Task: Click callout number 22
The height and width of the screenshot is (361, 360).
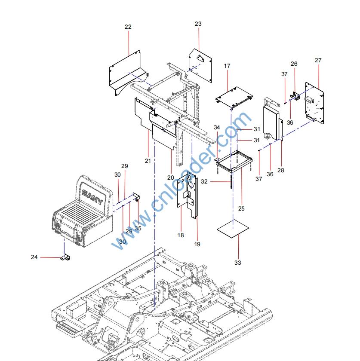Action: point(128,27)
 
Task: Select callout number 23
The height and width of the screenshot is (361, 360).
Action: point(198,24)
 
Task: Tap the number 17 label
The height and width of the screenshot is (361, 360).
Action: point(227,66)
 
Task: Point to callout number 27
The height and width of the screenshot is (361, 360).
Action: point(318,61)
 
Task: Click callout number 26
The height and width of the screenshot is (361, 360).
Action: point(294,64)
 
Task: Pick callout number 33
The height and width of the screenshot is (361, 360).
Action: point(238,263)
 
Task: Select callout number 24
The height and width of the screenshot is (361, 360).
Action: point(34,257)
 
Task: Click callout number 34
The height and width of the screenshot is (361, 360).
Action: point(217,128)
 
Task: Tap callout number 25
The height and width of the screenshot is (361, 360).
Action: point(241,209)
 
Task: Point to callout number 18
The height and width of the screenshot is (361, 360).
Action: point(181,235)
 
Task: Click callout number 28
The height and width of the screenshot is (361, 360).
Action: point(281,171)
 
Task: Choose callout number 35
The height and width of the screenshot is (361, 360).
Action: point(138,229)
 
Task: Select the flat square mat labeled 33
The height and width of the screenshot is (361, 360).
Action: point(233,230)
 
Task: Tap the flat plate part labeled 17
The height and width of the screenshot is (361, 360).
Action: point(234,97)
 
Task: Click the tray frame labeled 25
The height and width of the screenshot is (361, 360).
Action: point(234,161)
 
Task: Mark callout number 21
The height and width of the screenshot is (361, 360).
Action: point(148,160)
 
